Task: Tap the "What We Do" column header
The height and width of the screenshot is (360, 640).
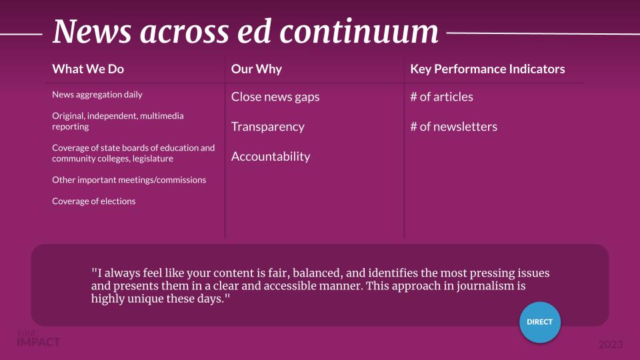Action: coord(88,69)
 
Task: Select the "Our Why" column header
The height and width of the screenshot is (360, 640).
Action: coord(256,69)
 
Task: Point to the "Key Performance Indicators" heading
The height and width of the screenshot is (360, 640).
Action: coord(487,69)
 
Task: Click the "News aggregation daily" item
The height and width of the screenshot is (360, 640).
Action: coord(97,95)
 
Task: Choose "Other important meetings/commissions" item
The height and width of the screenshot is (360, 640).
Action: coord(129,180)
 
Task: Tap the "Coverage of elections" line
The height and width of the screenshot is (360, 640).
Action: coord(94,201)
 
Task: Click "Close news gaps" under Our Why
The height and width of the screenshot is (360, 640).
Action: coord(275,97)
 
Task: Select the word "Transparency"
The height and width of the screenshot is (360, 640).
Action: coord(268,127)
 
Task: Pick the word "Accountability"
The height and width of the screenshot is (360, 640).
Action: coord(271,157)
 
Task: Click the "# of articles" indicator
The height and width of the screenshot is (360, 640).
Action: coord(441,97)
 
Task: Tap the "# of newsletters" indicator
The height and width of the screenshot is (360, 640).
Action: coord(454,127)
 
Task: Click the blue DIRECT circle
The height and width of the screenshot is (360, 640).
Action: coord(539,322)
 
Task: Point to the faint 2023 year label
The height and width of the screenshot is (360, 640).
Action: coord(611,345)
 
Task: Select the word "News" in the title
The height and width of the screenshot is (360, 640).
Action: coord(92,31)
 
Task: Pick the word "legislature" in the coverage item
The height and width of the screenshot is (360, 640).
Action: coord(153,159)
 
